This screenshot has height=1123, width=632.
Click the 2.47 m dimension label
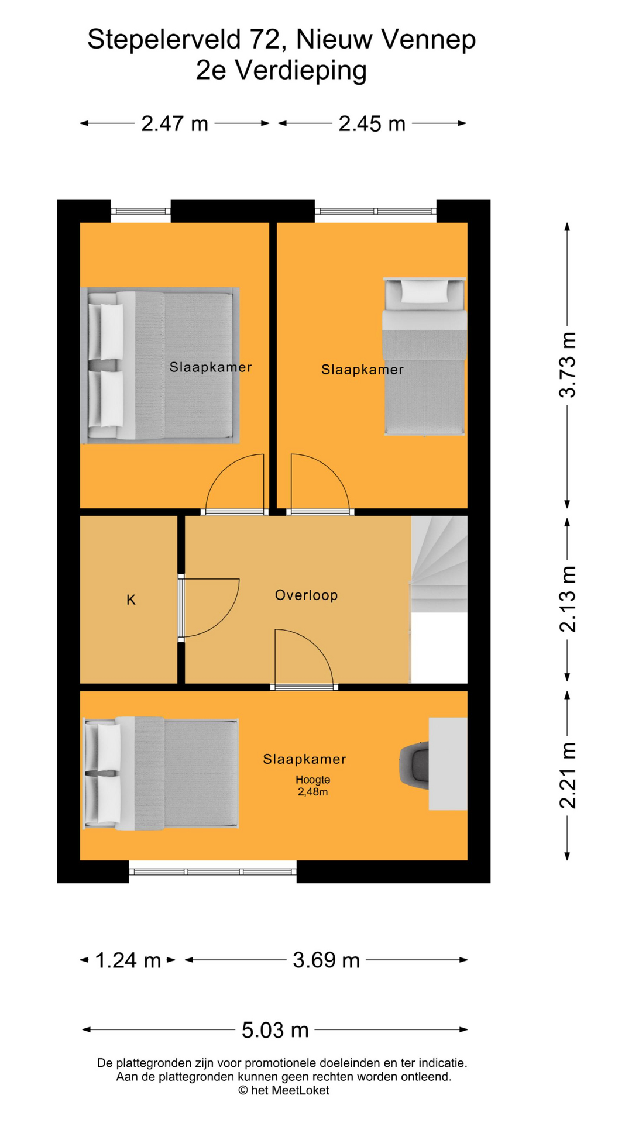click(174, 124)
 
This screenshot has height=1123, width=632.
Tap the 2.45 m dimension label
click(372, 124)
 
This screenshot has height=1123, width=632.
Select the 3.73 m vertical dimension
click(568, 365)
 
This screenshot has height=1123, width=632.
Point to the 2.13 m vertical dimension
click(568, 599)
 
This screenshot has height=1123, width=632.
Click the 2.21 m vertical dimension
click(568, 776)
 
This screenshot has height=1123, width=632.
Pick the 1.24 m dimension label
click(128, 960)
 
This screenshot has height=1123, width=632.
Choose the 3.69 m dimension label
click(326, 960)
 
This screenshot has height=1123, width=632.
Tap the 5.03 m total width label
click(275, 1030)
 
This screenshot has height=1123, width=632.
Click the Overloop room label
click(306, 595)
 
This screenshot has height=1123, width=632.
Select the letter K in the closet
click(131, 600)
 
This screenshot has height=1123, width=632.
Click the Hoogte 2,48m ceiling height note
click(312, 786)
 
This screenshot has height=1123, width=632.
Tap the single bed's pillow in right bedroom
click(424, 291)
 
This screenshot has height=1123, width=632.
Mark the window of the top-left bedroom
click(140, 212)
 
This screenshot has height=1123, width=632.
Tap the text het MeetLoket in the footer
click(290, 1091)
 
